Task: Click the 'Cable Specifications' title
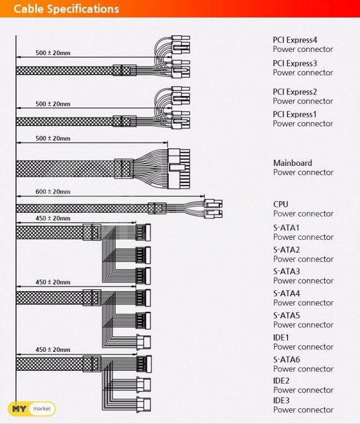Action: pyautogui.click(x=66, y=9)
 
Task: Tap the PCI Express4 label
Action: pyautogui.click(x=295, y=40)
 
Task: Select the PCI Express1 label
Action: pyautogui.click(x=295, y=115)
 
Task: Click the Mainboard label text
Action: pyautogui.click(x=293, y=163)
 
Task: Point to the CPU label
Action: pyautogui.click(x=280, y=204)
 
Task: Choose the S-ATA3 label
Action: pyautogui.click(x=287, y=271)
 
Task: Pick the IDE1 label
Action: pyautogui.click(x=281, y=337)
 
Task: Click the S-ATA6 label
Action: pyautogui.click(x=287, y=359)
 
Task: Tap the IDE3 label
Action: pyautogui.click(x=282, y=400)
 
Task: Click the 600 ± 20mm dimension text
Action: pyautogui.click(x=53, y=192)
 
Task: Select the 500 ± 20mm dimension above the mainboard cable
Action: pyautogui.click(x=53, y=139)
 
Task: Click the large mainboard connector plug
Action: pyautogui.click(x=178, y=168)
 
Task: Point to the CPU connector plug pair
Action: pyautogui.click(x=213, y=209)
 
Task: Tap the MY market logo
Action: pyautogui.click(x=32, y=409)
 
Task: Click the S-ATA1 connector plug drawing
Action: pyautogui.click(x=143, y=232)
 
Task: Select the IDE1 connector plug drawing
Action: pyautogui.click(x=144, y=342)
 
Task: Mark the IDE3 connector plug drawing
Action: pyautogui.click(x=144, y=404)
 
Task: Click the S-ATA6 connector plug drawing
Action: pyautogui.click(x=144, y=364)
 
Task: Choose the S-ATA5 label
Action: pyautogui.click(x=287, y=316)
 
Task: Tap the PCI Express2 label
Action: pyautogui.click(x=295, y=92)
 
